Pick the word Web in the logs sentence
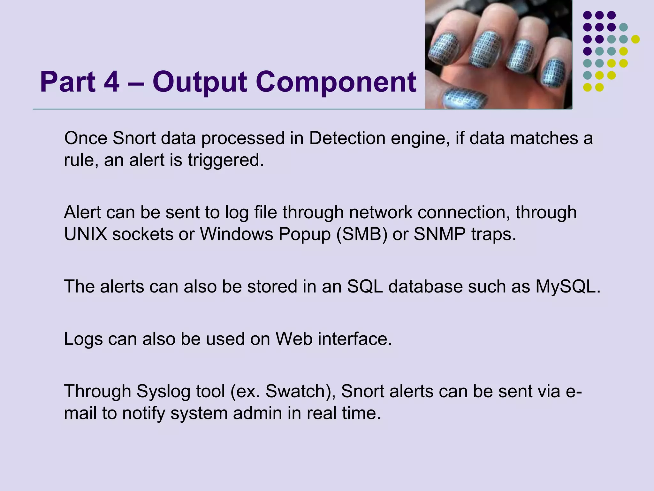[294, 339]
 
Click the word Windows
[237, 234]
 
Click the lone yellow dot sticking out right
[635, 39]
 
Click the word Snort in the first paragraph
[134, 138]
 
